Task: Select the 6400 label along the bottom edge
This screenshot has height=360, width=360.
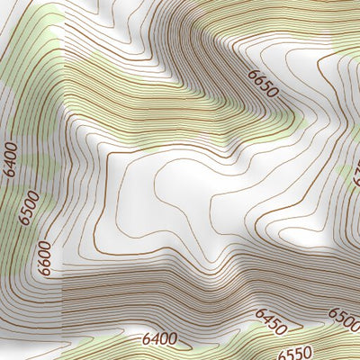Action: click(158, 339)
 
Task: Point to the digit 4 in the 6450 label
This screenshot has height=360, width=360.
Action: click(265, 316)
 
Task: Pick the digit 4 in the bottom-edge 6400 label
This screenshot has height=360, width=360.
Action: click(153, 340)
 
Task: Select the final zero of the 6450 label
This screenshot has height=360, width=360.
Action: click(283, 327)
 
